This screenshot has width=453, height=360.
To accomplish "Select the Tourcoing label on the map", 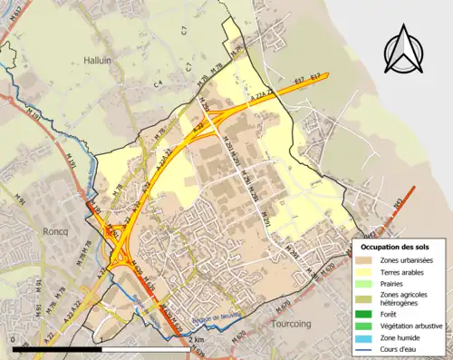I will point(291,322).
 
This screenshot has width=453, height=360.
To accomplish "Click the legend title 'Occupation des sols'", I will point(395,247).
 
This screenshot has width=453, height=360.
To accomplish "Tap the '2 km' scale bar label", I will point(195,339).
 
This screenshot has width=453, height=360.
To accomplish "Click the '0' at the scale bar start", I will point(14,339).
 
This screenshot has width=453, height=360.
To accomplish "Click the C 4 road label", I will point(157,84).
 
